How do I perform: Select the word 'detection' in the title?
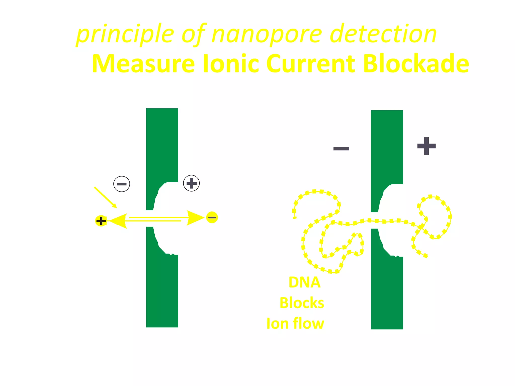coord(383,34)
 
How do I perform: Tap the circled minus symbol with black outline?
coord(122,184)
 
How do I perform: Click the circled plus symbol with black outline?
coord(191,183)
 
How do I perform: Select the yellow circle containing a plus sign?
coord(101,221)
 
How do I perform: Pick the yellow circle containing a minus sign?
coord(212,217)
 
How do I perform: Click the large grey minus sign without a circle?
coord(341,149)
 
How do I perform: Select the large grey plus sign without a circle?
coord(426,146)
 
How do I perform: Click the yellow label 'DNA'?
coord(305,282)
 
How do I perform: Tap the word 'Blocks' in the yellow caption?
coord(302,303)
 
